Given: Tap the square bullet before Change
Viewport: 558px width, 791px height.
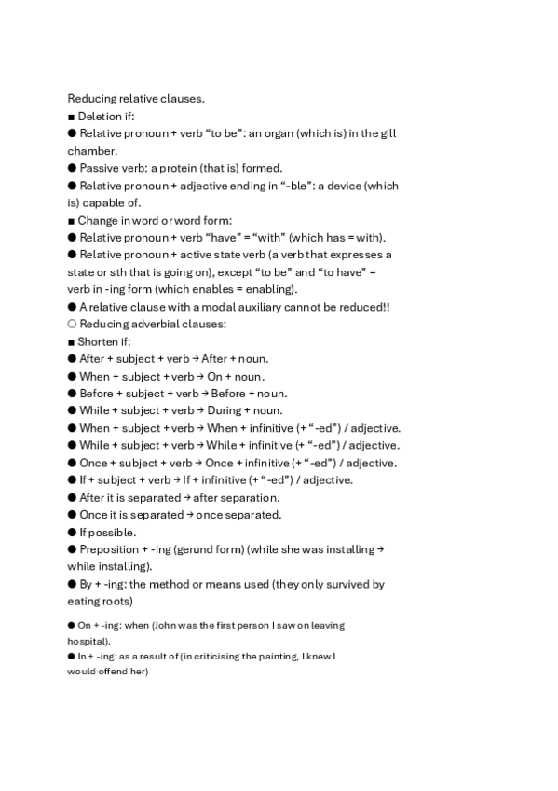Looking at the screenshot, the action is pos(71,220).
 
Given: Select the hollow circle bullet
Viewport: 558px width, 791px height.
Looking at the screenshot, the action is pos(72,324).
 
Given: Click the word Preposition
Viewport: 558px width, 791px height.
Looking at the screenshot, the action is pos(110,549).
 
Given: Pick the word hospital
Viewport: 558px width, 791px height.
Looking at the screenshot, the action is pos(87,642).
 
